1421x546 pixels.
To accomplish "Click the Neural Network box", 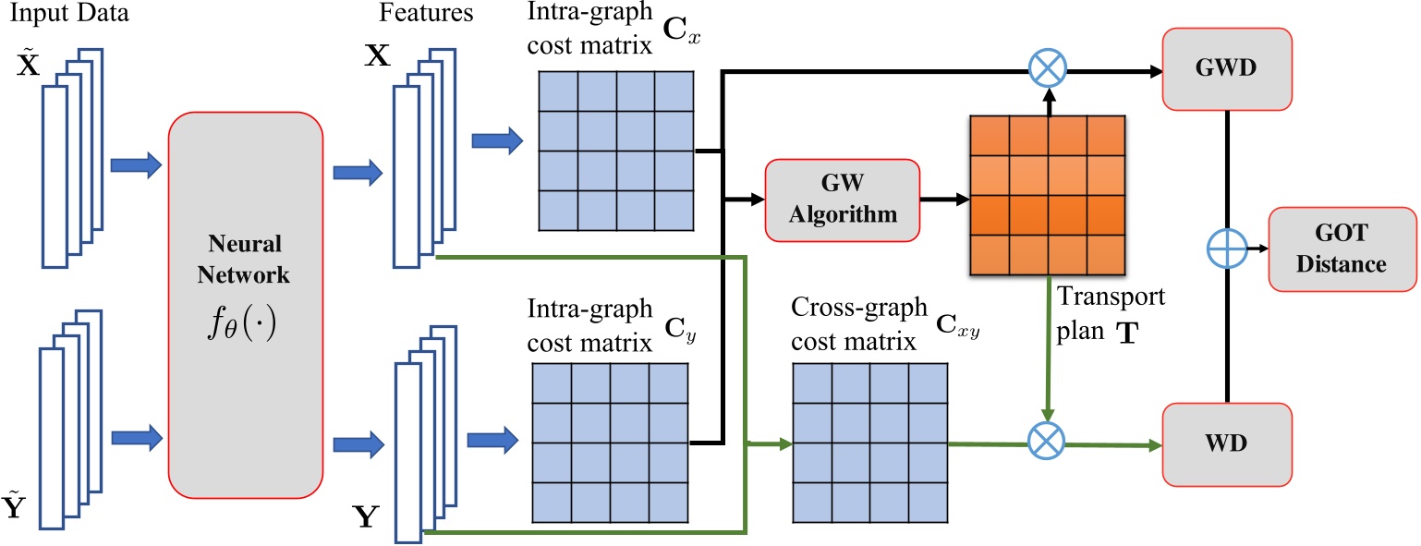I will (245, 301).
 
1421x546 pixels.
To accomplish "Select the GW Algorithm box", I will (842, 199).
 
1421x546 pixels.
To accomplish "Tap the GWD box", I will (1225, 67).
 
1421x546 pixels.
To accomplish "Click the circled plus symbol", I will (1225, 248).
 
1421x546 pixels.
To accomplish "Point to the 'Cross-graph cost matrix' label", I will (855, 324).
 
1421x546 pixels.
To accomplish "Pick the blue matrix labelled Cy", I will (609, 443).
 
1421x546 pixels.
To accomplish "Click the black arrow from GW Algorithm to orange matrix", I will (942, 199).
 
